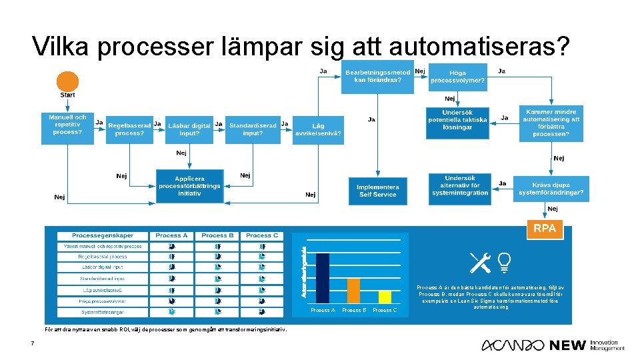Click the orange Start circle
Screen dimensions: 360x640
click(x=67, y=81)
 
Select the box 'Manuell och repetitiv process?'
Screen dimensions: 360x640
click(x=67, y=125)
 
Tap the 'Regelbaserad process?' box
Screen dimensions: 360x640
click(x=129, y=129)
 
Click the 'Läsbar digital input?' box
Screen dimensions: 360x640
click(x=189, y=129)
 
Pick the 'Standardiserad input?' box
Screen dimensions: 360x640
click(x=253, y=129)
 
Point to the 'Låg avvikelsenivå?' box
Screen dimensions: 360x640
click(x=319, y=129)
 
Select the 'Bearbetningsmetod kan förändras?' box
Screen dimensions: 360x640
click(x=378, y=76)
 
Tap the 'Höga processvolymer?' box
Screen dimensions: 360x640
click(x=457, y=77)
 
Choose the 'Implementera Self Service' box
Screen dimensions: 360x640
click(x=377, y=191)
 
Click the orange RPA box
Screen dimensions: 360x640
click(x=544, y=229)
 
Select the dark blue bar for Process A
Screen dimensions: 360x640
click(x=322, y=279)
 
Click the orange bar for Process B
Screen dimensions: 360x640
click(x=353, y=291)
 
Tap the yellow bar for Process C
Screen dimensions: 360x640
click(x=385, y=297)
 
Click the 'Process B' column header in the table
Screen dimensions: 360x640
click(x=217, y=235)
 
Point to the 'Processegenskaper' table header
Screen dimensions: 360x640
click(x=102, y=235)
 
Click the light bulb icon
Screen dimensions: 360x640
click(x=504, y=262)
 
